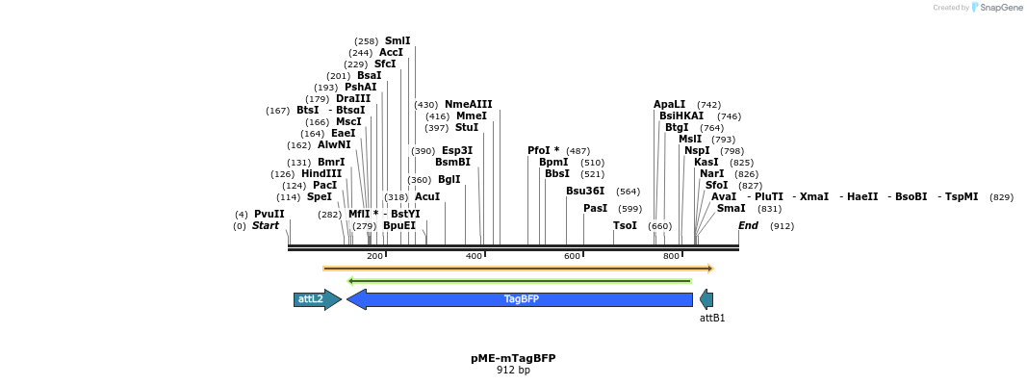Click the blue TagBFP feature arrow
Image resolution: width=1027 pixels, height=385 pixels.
[x=520, y=299]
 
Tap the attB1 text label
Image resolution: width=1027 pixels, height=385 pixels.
[x=712, y=318]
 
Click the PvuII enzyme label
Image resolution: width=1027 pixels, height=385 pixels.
[x=270, y=214]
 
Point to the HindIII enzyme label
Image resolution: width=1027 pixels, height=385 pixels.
[x=321, y=173]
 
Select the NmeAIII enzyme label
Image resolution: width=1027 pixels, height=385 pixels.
[x=468, y=104]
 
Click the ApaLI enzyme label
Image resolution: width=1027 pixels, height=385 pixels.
[x=670, y=104]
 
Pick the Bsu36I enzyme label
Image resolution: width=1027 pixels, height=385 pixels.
[x=585, y=191]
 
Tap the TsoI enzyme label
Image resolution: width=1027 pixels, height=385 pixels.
[x=625, y=225]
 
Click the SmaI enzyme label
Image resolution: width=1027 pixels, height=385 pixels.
[x=731, y=208]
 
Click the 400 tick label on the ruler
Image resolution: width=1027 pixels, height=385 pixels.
[x=474, y=256]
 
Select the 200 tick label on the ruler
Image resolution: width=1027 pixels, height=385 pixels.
[x=375, y=256]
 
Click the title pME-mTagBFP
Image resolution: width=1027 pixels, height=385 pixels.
[x=513, y=358]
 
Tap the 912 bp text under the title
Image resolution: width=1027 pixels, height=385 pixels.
[x=513, y=370]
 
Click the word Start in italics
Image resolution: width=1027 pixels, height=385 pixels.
[x=266, y=225]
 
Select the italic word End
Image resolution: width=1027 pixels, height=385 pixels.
[x=749, y=225]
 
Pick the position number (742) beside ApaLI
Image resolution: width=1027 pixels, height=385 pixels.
[x=708, y=104]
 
